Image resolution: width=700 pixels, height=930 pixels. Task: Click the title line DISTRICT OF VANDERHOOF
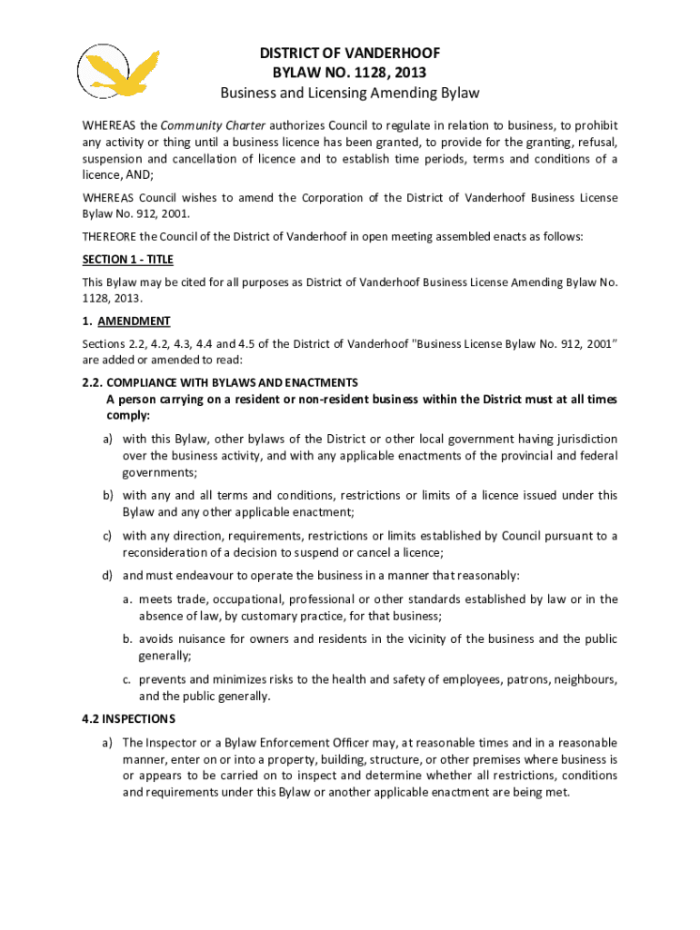(350, 54)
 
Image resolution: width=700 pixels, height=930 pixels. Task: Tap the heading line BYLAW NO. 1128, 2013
(350, 74)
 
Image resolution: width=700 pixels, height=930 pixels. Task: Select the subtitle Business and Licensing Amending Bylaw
(350, 94)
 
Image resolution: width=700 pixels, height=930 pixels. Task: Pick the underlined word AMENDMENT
(134, 322)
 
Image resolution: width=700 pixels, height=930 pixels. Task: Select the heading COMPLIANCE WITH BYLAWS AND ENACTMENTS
(237, 382)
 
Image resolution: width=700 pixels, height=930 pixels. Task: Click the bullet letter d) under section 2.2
(106, 575)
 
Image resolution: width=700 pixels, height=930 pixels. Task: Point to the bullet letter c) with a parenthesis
(106, 536)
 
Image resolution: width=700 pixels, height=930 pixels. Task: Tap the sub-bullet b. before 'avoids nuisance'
(130, 638)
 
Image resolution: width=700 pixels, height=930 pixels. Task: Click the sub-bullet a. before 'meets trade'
(130, 599)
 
